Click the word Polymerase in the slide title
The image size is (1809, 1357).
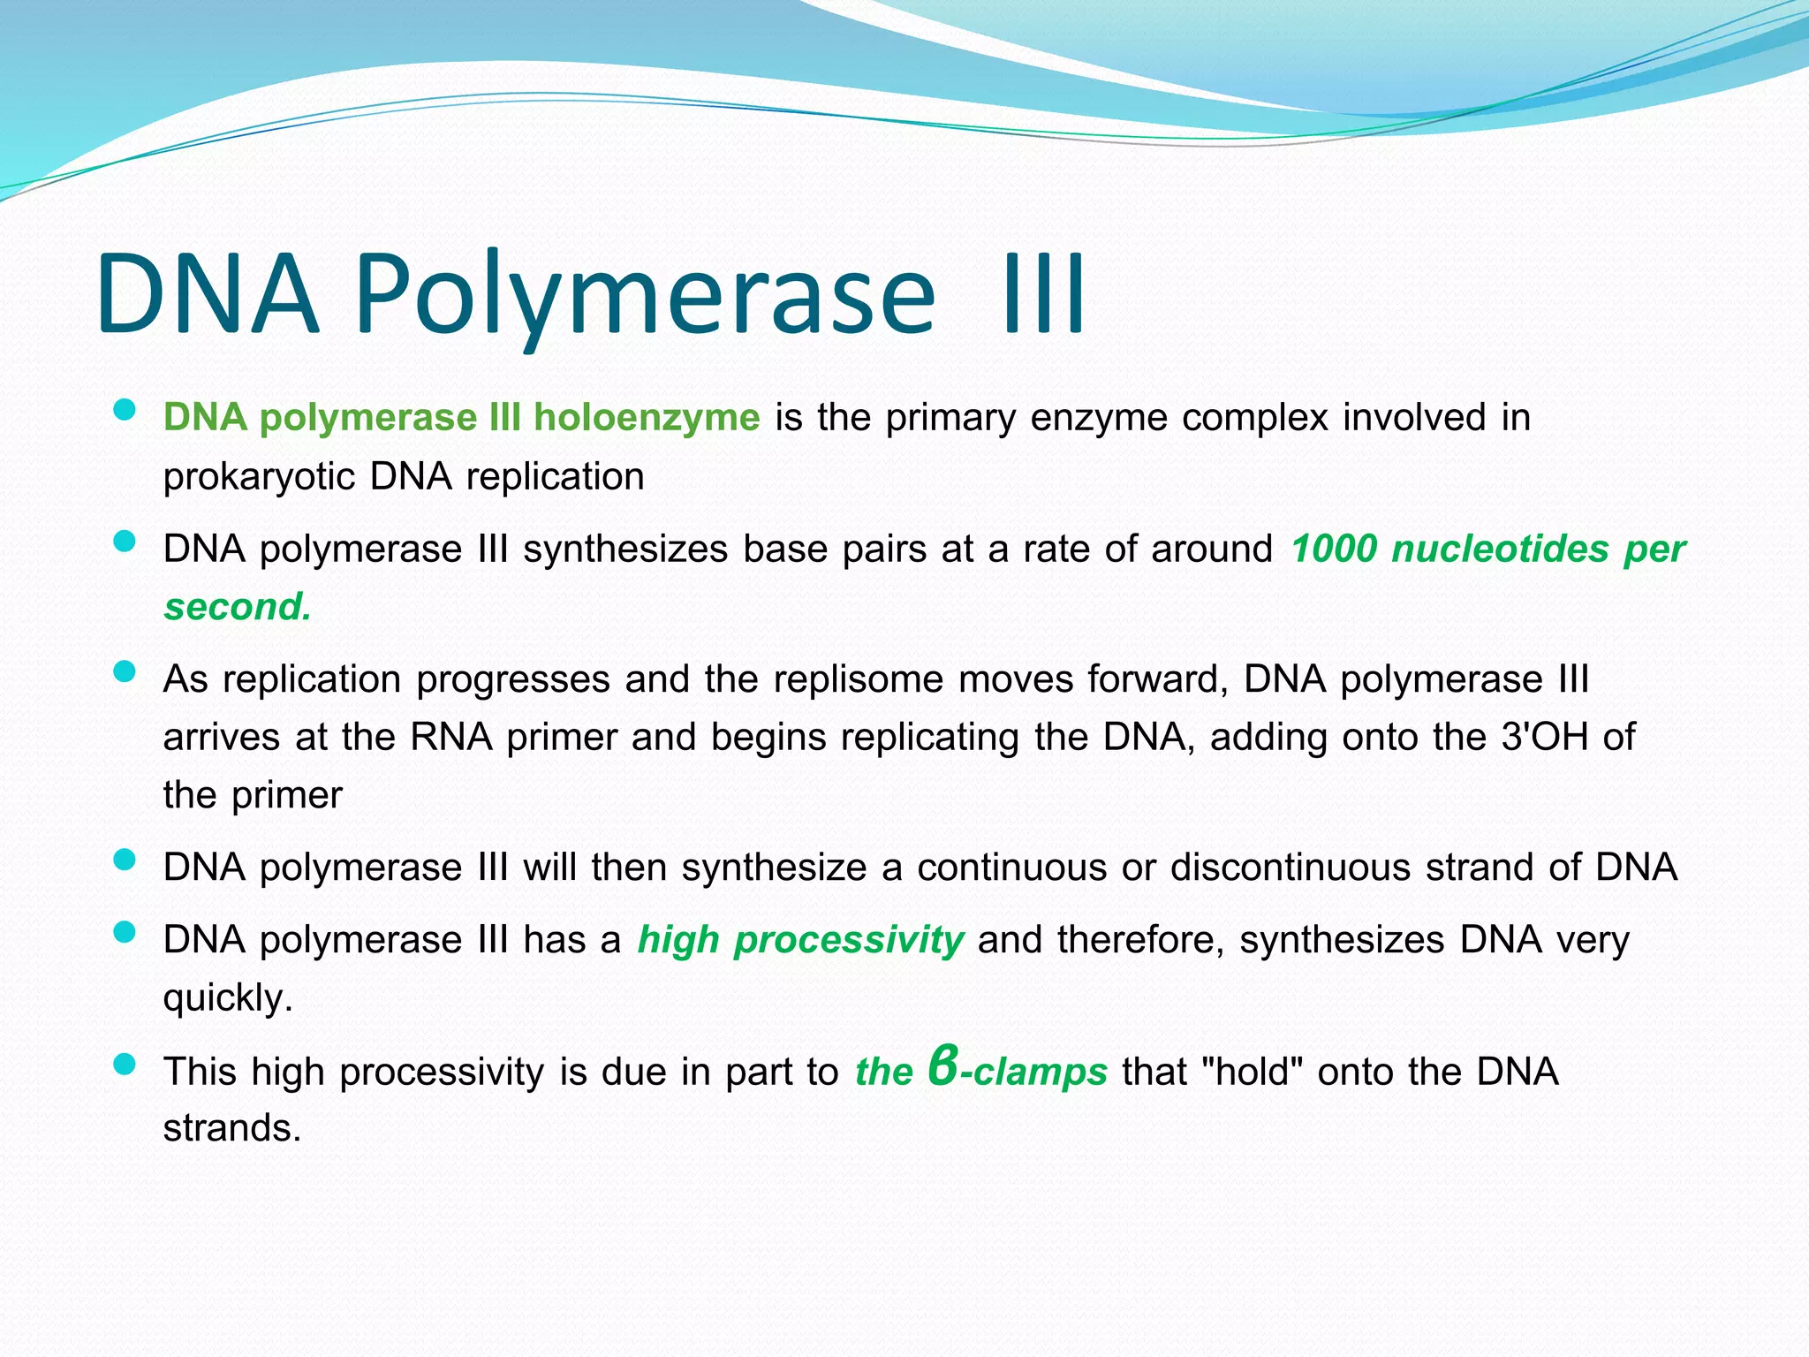coord(645,293)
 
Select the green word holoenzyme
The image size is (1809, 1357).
coord(646,418)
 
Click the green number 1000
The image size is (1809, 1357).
coord(1333,549)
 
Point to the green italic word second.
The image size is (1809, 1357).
coord(237,607)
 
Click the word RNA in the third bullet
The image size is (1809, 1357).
coord(450,737)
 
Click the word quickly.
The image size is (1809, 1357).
coord(227,998)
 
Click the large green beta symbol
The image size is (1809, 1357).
coord(943,1066)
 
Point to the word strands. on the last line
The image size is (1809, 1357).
coord(231,1129)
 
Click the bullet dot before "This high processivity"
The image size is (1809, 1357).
coord(125,1065)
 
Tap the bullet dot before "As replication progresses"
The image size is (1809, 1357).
coord(125,672)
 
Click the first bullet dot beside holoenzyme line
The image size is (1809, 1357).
coord(125,410)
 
